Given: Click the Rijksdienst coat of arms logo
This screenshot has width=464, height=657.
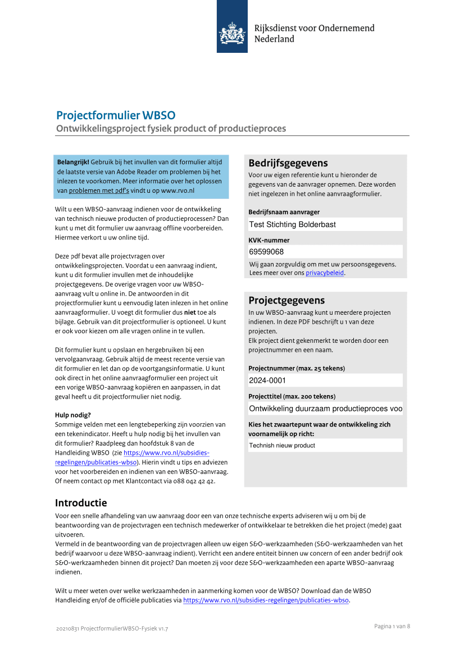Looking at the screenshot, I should click(x=232, y=32).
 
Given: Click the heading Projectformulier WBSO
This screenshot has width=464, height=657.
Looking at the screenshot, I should click(x=116, y=116).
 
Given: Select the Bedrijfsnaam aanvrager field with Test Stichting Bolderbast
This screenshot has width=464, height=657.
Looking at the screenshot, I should click(x=325, y=224).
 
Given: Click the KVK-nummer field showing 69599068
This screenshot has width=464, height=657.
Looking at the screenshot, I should click(x=325, y=252).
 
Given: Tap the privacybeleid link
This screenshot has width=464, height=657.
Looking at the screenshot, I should click(x=325, y=273).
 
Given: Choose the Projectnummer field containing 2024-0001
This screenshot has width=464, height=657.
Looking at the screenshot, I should click(x=325, y=380).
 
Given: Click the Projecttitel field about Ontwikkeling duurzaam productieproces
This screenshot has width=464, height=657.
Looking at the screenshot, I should click(x=325, y=409).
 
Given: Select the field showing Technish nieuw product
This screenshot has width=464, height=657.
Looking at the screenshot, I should click(x=325, y=446).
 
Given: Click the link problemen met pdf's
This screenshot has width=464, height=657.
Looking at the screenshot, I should click(x=99, y=191).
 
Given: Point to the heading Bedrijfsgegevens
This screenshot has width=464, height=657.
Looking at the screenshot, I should click(x=288, y=164).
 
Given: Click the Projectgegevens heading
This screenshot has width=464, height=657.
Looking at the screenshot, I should click(x=286, y=301).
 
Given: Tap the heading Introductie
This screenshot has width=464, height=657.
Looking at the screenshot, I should click(x=81, y=503).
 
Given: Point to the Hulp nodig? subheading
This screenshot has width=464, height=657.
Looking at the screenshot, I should click(x=73, y=415).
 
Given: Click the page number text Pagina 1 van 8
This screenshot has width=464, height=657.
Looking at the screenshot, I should click(x=392, y=627).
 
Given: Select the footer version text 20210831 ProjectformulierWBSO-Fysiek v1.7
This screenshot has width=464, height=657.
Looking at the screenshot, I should click(x=112, y=628).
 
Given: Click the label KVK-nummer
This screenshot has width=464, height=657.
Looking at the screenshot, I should click(x=269, y=240).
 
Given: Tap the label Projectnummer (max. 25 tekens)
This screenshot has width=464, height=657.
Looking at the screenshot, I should click(x=297, y=369).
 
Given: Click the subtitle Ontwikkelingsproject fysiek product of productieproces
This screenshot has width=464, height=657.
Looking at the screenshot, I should click(x=171, y=129).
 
